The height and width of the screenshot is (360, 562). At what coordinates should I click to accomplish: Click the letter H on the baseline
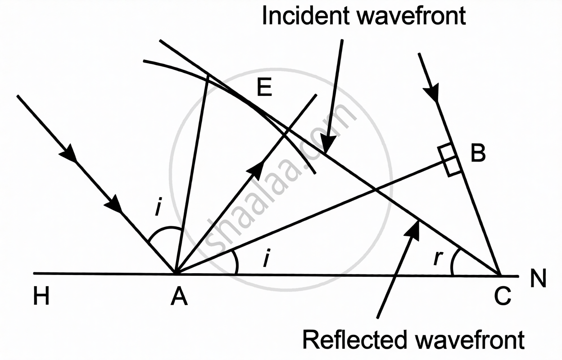click(41, 297)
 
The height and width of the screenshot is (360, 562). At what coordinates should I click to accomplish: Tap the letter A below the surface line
click(179, 297)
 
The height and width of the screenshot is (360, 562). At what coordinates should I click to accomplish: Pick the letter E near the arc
click(265, 88)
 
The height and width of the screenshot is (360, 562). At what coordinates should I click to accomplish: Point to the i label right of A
click(266, 260)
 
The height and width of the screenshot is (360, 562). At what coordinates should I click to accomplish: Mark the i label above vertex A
click(158, 208)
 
